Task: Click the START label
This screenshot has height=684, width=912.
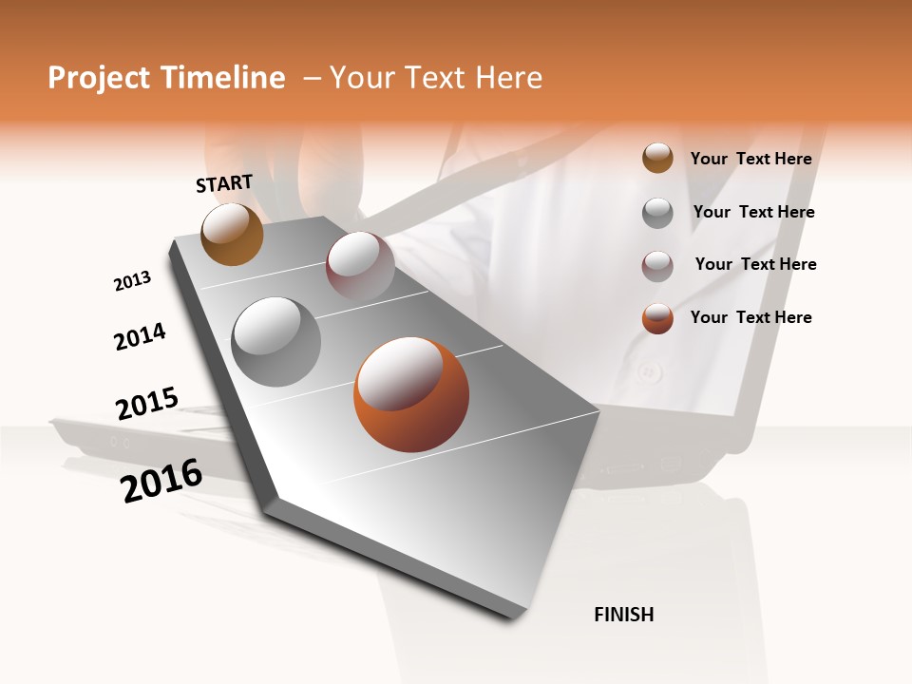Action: click(x=224, y=183)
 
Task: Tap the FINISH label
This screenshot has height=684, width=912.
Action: click(x=624, y=615)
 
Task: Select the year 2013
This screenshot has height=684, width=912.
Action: click(x=132, y=281)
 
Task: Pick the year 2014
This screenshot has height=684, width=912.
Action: click(x=140, y=337)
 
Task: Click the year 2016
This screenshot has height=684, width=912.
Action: click(x=161, y=481)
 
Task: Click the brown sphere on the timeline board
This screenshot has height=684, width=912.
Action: click(x=233, y=234)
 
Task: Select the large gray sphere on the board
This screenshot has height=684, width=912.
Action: click(x=275, y=341)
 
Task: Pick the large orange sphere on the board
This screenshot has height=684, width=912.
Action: click(x=410, y=393)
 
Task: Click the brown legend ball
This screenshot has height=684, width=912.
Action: click(x=657, y=158)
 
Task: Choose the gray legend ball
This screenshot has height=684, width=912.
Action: click(x=657, y=213)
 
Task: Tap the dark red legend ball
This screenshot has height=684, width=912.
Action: click(x=657, y=266)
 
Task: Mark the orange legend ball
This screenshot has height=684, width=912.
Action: click(x=657, y=318)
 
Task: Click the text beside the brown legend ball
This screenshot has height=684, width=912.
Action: click(x=751, y=159)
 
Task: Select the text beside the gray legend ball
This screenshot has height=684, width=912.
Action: click(x=754, y=212)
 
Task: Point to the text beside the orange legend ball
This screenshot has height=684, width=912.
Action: click(x=751, y=317)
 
